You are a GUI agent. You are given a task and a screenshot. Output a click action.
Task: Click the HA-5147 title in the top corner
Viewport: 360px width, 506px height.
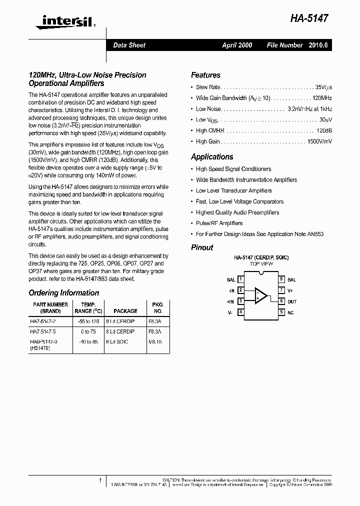click(x=310, y=18)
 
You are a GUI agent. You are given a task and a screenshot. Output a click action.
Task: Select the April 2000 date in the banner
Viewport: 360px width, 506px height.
click(x=237, y=45)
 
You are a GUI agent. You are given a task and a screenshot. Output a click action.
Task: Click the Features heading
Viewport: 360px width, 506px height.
click(x=205, y=75)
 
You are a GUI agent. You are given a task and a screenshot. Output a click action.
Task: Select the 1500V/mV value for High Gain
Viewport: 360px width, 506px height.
click(x=319, y=141)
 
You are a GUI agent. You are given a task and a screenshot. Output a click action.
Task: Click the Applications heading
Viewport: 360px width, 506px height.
click(x=212, y=156)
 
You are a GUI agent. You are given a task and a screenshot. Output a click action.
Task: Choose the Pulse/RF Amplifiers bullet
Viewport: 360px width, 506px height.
click(x=219, y=223)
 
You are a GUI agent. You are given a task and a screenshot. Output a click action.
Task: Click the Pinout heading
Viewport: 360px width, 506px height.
click(x=202, y=247)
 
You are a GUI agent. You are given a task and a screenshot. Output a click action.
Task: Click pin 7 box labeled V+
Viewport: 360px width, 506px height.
click(x=281, y=290)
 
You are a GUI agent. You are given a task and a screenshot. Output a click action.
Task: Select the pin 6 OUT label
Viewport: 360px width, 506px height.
click(x=292, y=301)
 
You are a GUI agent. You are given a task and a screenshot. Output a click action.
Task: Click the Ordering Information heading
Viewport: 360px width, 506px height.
click(x=63, y=293)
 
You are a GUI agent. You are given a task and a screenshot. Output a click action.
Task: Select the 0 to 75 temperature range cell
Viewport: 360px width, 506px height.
click(x=87, y=331)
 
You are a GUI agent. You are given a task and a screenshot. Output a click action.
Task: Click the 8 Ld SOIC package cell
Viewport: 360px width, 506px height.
click(x=117, y=342)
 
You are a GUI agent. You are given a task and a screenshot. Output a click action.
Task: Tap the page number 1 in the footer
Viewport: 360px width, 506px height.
click(x=100, y=480)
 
